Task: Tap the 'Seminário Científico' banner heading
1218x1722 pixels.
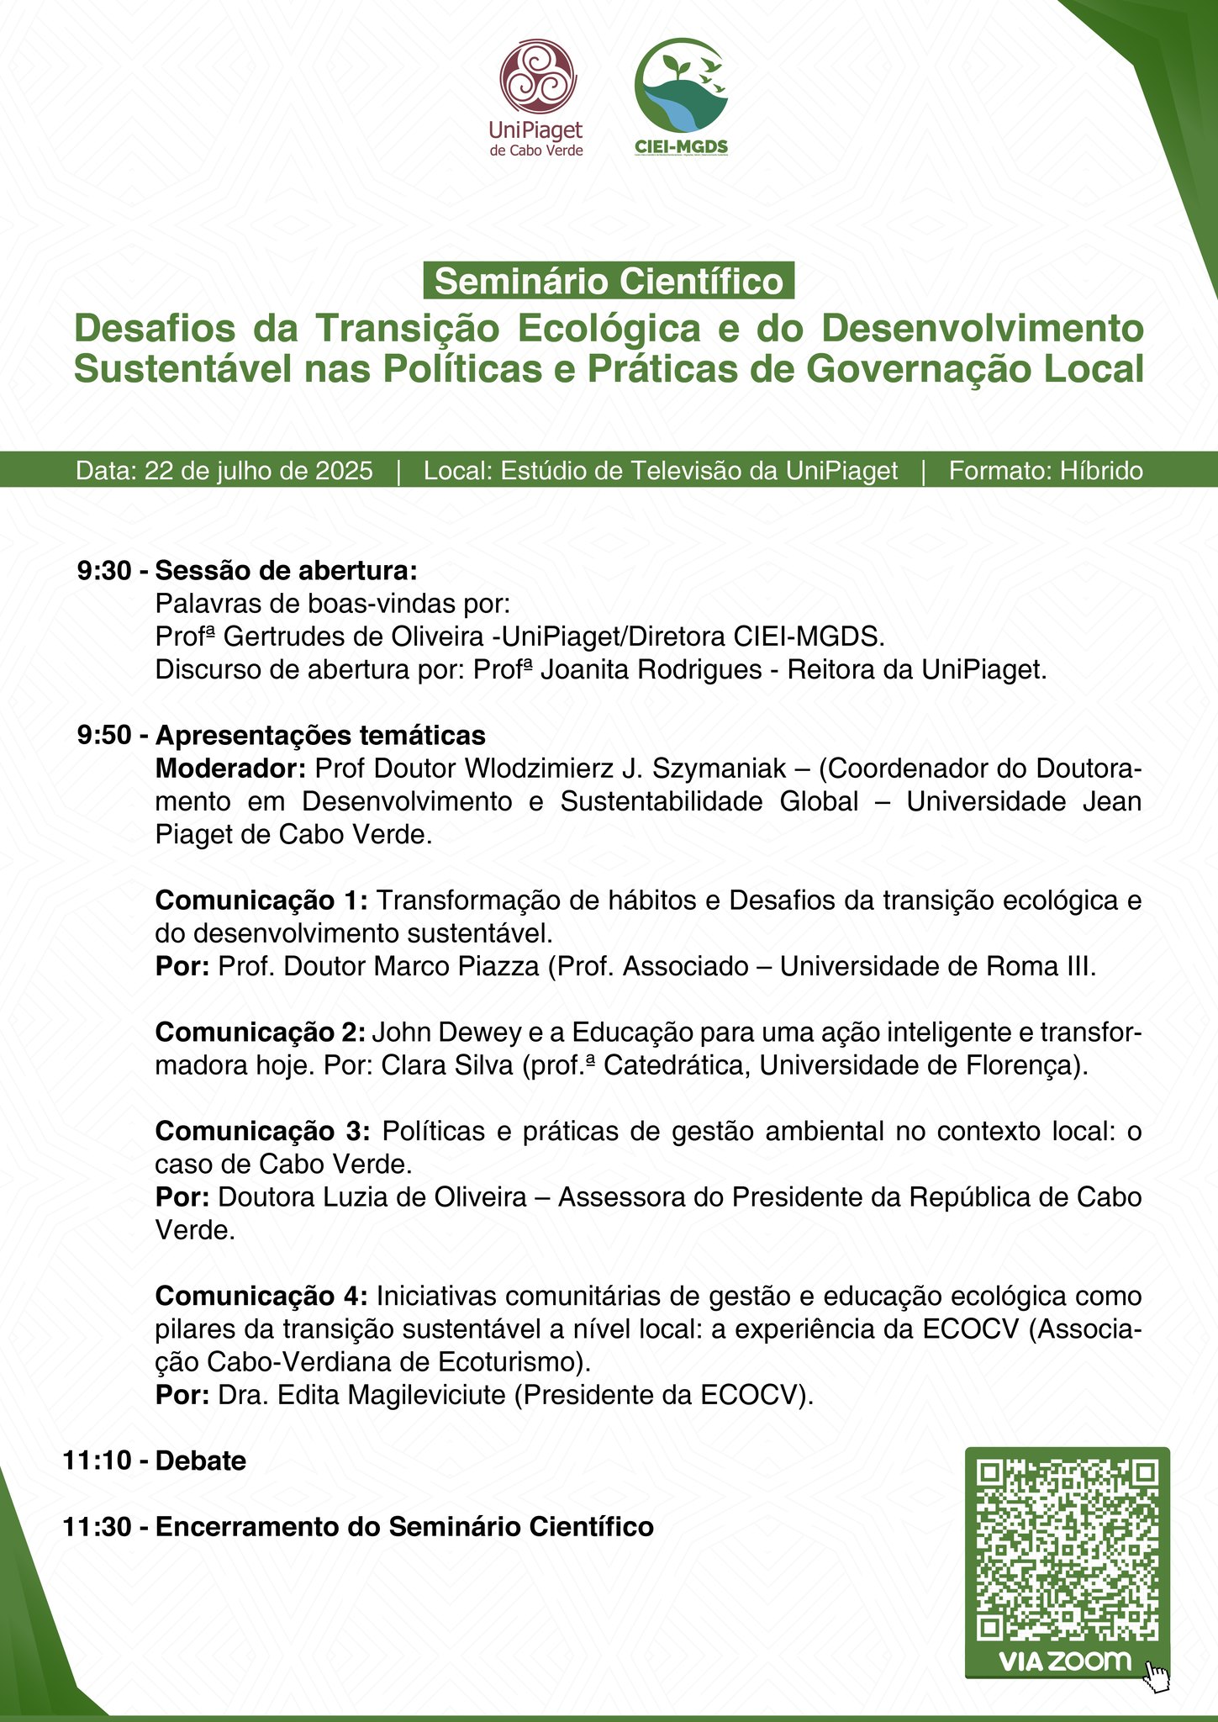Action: tap(609, 282)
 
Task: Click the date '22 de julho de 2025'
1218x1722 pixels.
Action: tap(259, 471)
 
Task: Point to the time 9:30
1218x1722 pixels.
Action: tap(104, 571)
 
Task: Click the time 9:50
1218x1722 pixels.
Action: tap(104, 736)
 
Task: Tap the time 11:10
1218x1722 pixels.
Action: tap(97, 1461)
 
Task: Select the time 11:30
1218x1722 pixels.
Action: tap(97, 1527)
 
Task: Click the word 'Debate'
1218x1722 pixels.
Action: tap(201, 1461)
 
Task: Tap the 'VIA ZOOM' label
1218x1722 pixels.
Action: tap(1064, 1661)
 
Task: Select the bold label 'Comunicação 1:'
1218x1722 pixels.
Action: tap(261, 901)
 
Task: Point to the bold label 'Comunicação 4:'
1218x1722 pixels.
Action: tap(261, 1296)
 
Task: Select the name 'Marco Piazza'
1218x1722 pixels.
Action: tap(456, 966)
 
